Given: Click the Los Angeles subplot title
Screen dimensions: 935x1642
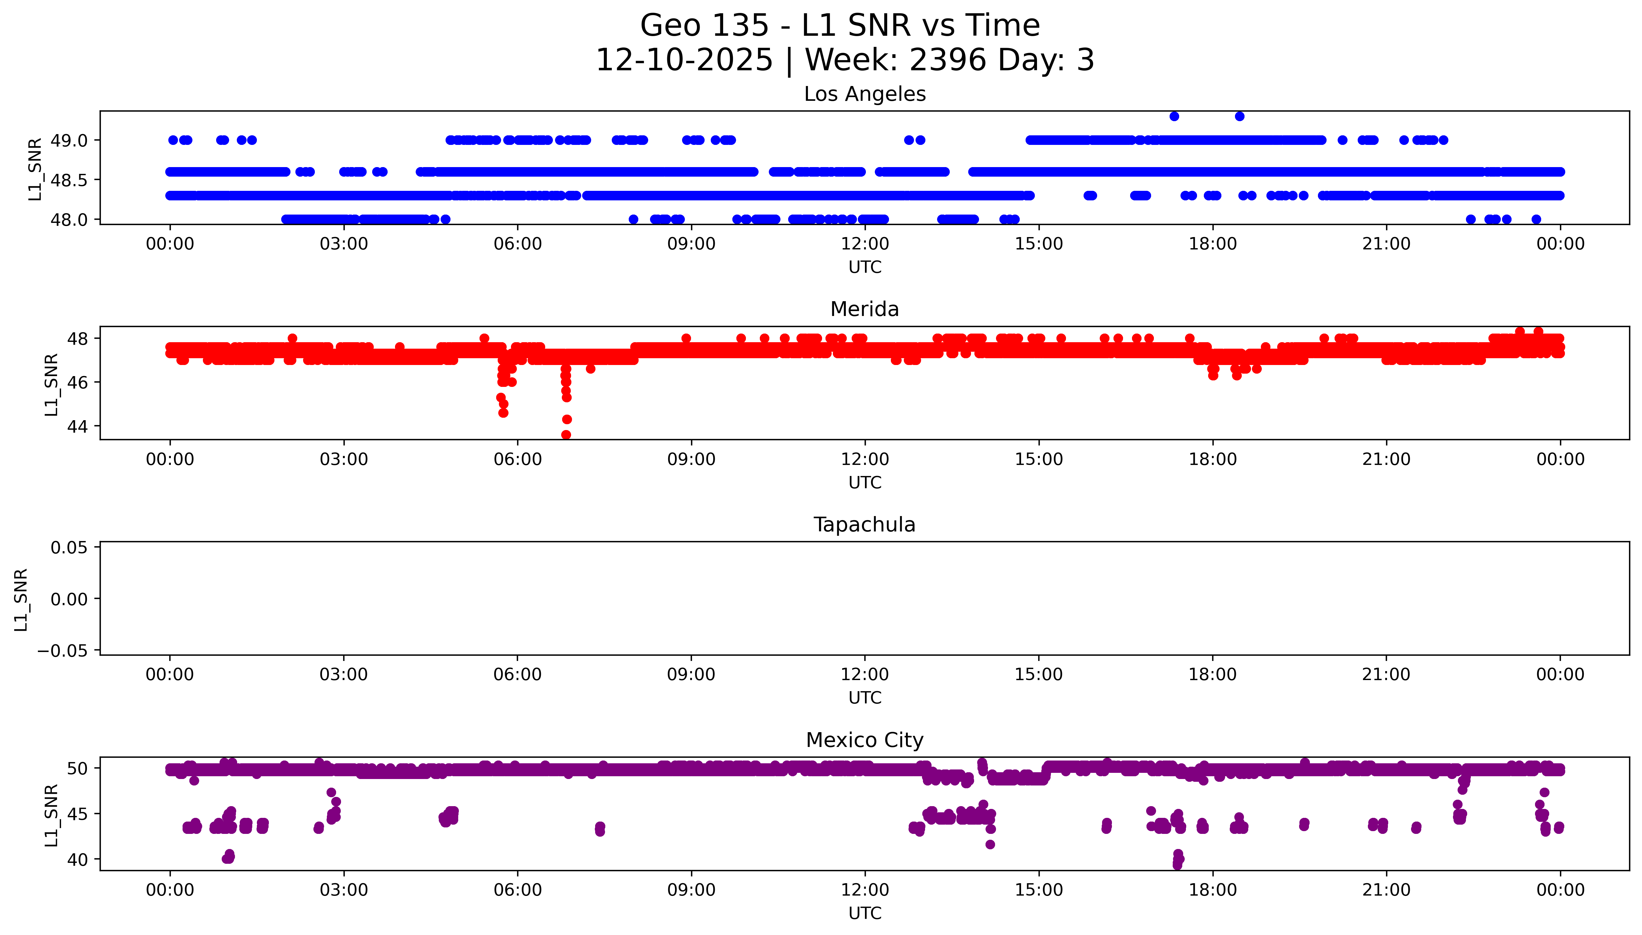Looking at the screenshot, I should tap(864, 94).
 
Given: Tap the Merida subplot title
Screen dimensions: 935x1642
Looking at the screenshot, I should tap(864, 310).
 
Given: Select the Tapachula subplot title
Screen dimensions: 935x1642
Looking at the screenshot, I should tap(864, 525).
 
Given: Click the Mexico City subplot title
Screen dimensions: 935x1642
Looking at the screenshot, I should tap(864, 740).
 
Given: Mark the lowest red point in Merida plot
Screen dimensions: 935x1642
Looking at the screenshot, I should tap(566, 435).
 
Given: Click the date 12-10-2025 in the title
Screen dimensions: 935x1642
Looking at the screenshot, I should tap(684, 60).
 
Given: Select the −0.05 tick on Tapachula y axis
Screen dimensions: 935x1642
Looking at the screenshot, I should tap(62, 650).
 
